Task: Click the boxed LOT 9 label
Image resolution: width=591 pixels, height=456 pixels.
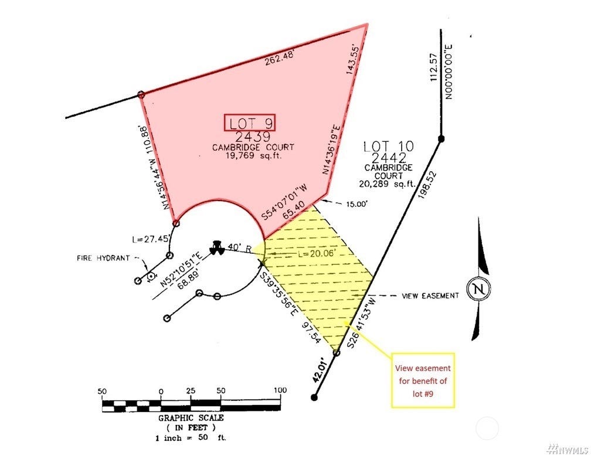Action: (250, 123)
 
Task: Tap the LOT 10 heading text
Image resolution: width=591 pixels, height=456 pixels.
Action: (389, 147)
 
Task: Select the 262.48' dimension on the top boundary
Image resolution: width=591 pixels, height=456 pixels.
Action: (279, 58)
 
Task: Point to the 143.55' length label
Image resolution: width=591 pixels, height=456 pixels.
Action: (353, 60)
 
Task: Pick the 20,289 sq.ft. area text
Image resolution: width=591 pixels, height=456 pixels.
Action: (388, 184)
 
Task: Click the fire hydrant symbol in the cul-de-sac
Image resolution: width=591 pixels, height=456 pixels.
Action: (217, 247)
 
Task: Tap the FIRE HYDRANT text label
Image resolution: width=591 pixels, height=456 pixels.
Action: (103, 258)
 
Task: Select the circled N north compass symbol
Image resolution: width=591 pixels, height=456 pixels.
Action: (478, 289)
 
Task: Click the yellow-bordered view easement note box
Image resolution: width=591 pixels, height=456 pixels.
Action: (423, 380)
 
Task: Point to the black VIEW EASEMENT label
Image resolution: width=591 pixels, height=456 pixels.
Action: (430, 296)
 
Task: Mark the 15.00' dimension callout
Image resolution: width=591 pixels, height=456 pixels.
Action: (356, 204)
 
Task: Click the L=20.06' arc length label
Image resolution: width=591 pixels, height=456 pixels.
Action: (316, 253)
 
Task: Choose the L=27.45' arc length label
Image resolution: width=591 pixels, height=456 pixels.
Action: (151, 239)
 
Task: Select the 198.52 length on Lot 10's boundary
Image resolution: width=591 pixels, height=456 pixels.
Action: (427, 186)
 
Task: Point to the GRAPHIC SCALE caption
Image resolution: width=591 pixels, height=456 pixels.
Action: (191, 418)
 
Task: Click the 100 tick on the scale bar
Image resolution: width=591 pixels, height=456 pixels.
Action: (280, 390)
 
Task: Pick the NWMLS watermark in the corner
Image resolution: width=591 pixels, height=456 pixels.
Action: (569, 449)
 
